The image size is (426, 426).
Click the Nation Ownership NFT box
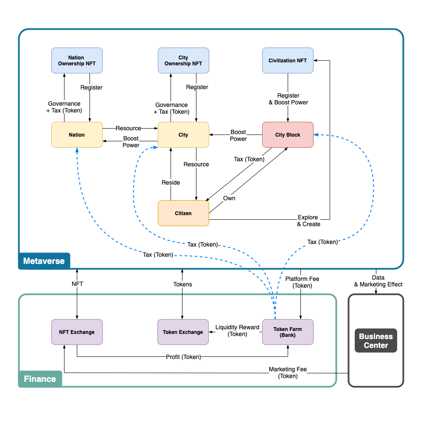tap(77, 61)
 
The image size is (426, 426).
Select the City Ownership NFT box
tap(183, 61)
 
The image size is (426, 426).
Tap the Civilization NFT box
tap(288, 61)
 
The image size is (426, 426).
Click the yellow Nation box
tap(77, 135)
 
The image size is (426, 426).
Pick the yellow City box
tap(183, 135)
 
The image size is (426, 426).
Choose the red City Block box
tap(288, 135)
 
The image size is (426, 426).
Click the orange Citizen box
tap(183, 213)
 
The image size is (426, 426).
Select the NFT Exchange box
tap(77, 332)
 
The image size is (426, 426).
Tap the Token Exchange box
tap(183, 332)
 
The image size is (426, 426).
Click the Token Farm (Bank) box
tap(288, 332)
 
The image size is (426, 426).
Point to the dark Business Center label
tap(376, 341)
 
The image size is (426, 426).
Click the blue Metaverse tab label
tap(44, 261)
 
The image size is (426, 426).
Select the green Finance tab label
tap(40, 379)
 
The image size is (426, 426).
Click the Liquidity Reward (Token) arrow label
tap(237, 331)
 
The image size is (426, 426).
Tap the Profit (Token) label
tap(183, 357)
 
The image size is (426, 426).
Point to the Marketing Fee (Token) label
tap(288, 373)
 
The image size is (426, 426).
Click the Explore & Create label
tap(308, 221)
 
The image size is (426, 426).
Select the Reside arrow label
tap(171, 182)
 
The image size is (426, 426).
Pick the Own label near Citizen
tap(229, 198)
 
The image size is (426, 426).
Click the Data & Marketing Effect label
tap(376, 281)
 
